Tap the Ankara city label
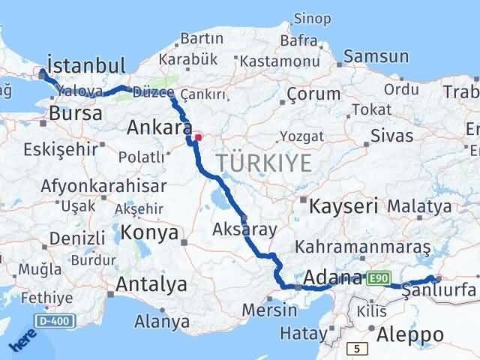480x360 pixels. [159, 127]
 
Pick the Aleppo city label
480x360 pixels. [412, 334]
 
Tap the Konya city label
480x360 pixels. [150, 232]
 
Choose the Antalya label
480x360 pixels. [151, 284]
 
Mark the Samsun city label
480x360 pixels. [376, 57]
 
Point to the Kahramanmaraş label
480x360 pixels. [362, 246]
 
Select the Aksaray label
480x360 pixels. [244, 229]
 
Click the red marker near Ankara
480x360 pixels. [199, 137]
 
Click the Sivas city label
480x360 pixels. [392, 136]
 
